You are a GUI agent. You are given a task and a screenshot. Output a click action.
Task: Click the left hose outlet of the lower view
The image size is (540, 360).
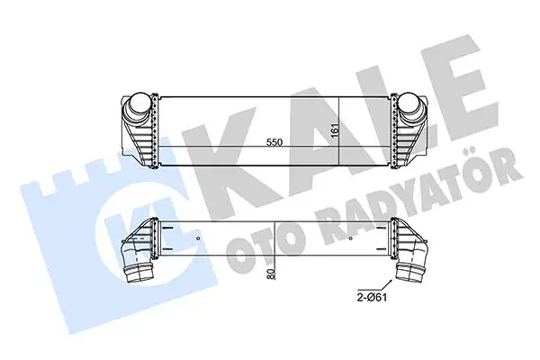tap(137, 269)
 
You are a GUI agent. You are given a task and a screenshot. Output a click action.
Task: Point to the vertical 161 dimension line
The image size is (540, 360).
tap(339, 130)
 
